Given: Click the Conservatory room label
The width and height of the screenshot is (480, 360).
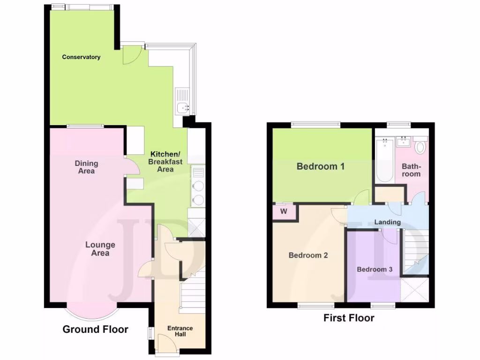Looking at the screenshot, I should click(x=82, y=57).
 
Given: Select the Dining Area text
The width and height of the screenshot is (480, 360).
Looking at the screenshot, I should click(x=86, y=167).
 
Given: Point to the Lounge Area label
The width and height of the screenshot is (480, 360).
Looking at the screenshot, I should click(x=100, y=249).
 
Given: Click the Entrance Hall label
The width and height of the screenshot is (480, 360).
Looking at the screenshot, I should click(x=180, y=331).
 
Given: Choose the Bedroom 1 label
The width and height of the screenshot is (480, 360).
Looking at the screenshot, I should click(x=320, y=166).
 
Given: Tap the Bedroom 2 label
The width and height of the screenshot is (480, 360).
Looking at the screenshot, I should click(x=308, y=255).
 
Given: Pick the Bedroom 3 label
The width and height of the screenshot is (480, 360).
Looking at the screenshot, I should click(x=375, y=270).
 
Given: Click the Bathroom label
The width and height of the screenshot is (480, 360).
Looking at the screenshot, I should click(x=411, y=170).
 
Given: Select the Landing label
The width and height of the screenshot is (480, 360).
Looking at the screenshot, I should click(x=388, y=222).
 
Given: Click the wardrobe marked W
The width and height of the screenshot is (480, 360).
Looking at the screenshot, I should click(x=284, y=212).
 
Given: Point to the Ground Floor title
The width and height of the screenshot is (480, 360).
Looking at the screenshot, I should click(x=96, y=330).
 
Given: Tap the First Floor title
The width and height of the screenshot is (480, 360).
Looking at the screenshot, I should click(x=349, y=318).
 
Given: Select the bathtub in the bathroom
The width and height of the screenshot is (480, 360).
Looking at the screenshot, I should click(x=384, y=159).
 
